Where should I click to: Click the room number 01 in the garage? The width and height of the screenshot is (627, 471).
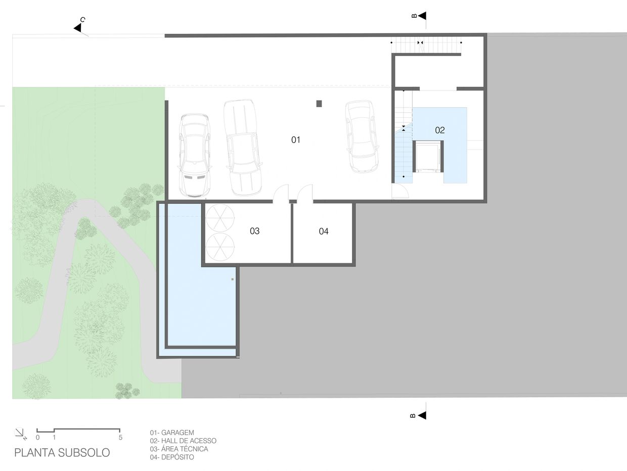(x=296, y=140)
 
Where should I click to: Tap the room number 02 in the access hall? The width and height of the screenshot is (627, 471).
(x=440, y=130)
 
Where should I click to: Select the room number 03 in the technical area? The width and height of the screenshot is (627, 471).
(x=254, y=231)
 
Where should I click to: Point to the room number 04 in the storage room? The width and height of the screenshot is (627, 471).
(x=324, y=231)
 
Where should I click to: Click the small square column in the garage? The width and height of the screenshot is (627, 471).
(x=319, y=104)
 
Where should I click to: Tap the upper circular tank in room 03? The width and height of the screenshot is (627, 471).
(x=220, y=218)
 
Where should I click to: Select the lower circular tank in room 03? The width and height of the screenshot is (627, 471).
(x=220, y=247)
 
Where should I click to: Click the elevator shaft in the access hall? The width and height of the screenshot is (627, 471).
(x=428, y=157)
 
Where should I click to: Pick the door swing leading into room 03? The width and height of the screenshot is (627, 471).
(x=281, y=193)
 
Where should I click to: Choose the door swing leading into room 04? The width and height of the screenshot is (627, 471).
(x=305, y=193)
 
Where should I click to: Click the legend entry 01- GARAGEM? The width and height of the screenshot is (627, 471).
(x=172, y=433)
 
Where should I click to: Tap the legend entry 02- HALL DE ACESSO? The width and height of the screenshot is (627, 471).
(x=183, y=441)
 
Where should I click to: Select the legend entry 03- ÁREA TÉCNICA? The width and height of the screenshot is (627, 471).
(x=179, y=449)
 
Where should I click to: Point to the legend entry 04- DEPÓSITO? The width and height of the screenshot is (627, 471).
(x=172, y=457)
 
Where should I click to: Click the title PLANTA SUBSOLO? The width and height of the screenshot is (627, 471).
(x=62, y=453)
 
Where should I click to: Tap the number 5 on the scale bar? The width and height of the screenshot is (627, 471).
(x=120, y=437)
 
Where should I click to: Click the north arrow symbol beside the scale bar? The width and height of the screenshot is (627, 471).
(x=21, y=434)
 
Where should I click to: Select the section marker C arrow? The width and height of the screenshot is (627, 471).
(x=78, y=28)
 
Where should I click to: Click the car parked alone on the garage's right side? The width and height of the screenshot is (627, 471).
(x=362, y=136)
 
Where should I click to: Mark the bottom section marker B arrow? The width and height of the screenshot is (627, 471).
(x=422, y=415)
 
